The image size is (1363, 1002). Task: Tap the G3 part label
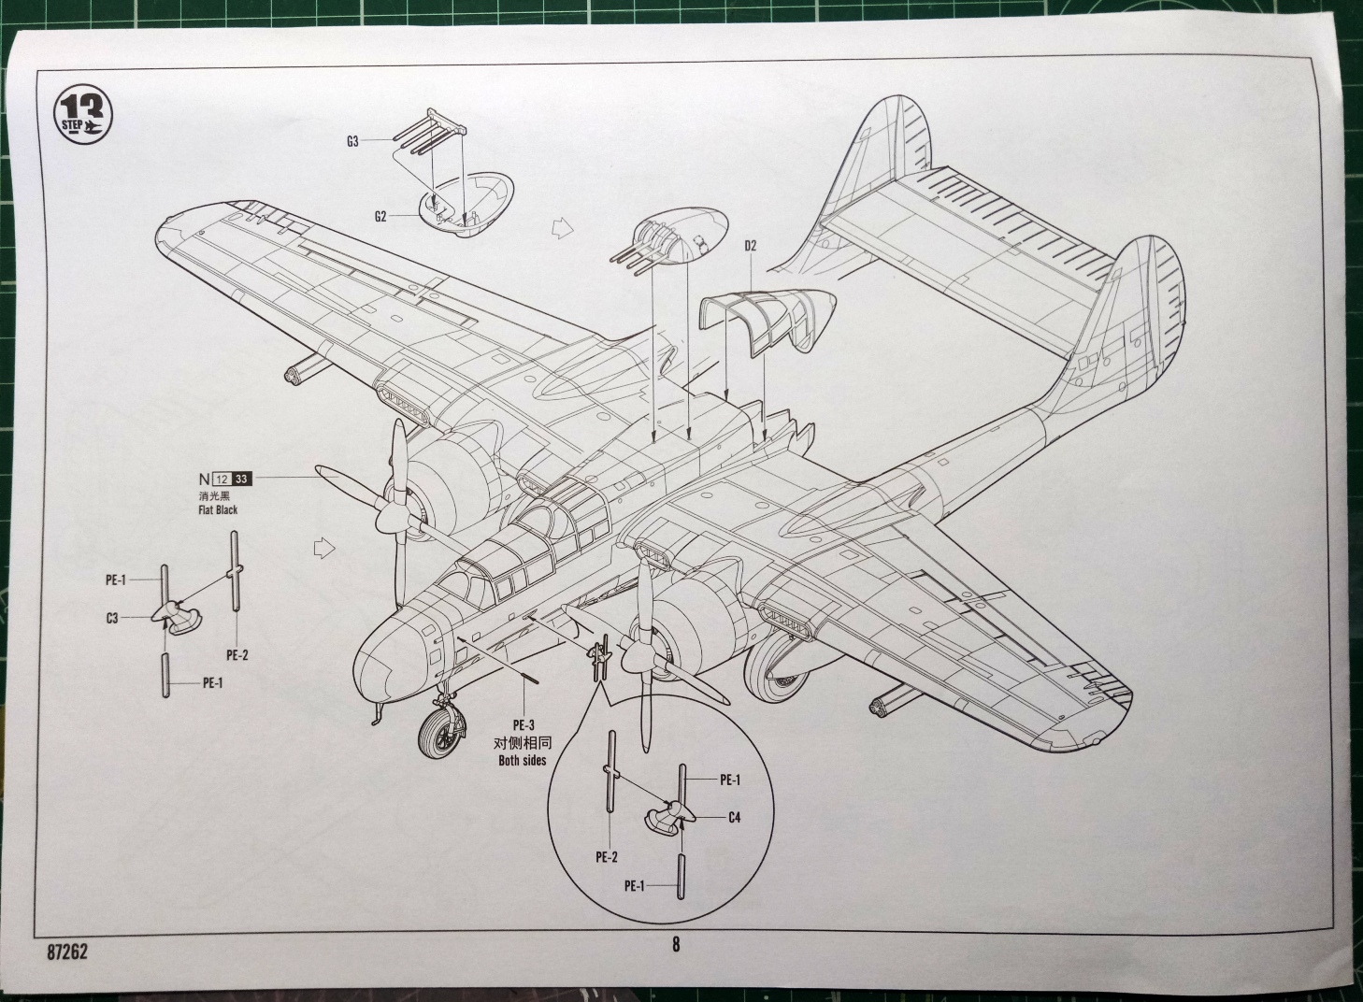[x=352, y=142]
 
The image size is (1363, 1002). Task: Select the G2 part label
[x=380, y=216]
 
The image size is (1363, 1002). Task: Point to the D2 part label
[x=750, y=246]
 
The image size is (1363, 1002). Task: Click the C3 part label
[x=111, y=618]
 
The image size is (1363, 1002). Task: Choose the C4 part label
[x=734, y=817]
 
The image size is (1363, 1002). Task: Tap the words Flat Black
[x=218, y=509]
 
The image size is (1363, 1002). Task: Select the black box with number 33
[x=242, y=480]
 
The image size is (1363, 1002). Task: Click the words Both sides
[x=523, y=760]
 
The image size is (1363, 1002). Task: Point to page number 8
[x=676, y=944]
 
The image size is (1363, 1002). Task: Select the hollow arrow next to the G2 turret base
[x=560, y=226]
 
